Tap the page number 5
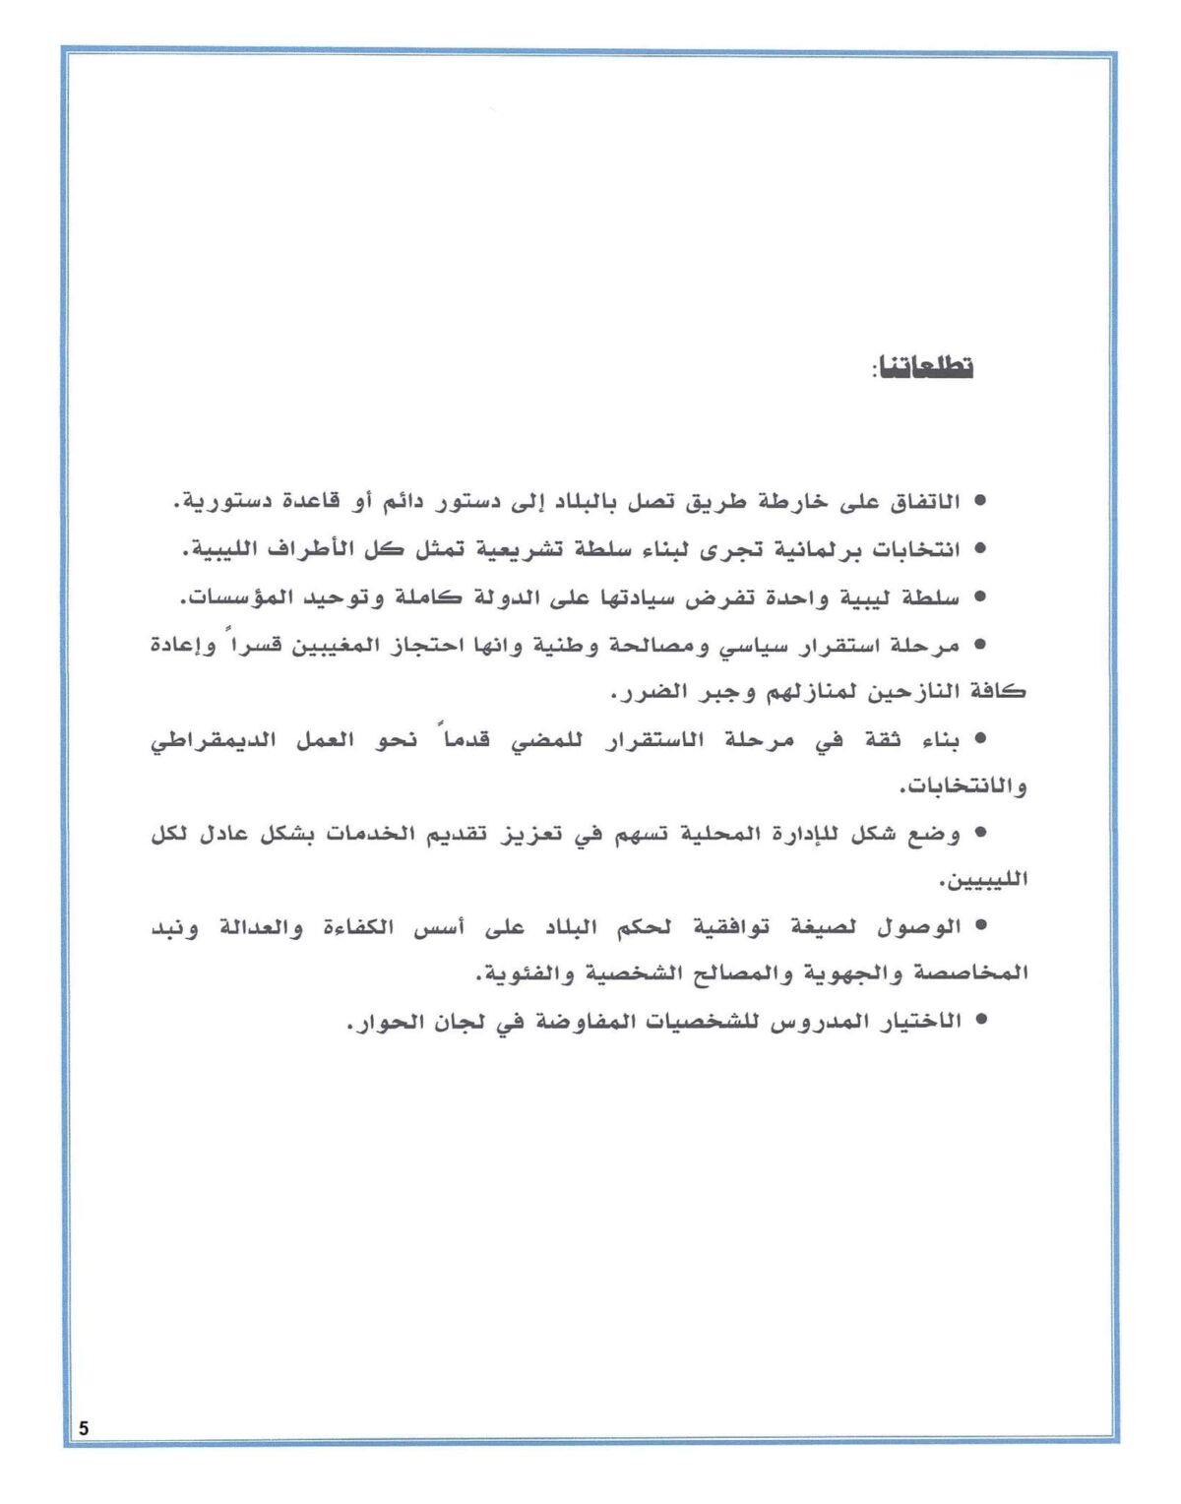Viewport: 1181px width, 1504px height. [x=84, y=1428]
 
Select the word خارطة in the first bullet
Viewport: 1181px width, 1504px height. [x=764, y=502]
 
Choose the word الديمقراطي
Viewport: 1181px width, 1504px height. [x=212, y=740]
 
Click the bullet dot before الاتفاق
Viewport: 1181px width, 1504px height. [x=979, y=502]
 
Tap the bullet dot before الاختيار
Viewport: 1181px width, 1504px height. [x=979, y=1021]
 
